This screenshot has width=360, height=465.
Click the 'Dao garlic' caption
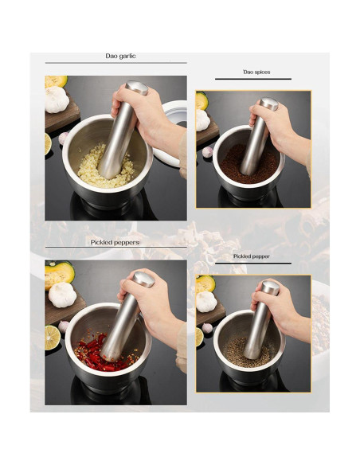pos(120,56)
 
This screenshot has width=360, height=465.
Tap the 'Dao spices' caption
pos(256,72)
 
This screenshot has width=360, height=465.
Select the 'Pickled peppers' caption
pos(115,242)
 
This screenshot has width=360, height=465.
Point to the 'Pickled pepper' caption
pos(251,256)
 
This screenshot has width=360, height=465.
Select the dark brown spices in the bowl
pos(248,165)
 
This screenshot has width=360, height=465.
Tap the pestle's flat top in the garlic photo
pos(137,88)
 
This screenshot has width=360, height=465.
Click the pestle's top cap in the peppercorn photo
pos(270,288)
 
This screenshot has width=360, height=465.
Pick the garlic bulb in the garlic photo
pos(56,100)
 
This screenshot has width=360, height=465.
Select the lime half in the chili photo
pos(53,338)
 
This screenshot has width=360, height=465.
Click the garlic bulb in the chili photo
pos(62,295)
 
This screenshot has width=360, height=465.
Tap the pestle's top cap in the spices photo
pos(268,104)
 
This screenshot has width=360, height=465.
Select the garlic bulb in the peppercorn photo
pos(206,302)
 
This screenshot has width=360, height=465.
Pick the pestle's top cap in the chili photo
pos(143,279)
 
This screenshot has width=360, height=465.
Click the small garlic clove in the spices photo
pos(207,152)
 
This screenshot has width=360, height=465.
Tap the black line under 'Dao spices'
pos(253,79)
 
